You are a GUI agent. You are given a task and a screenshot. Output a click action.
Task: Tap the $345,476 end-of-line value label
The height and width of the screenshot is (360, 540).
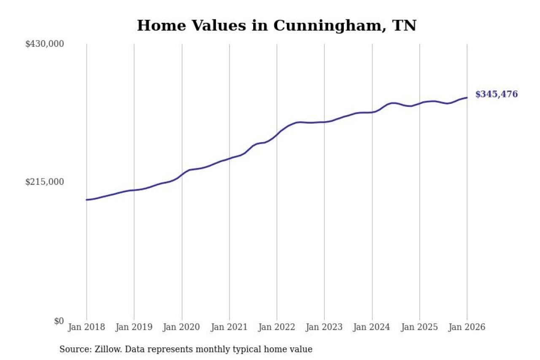point(496,95)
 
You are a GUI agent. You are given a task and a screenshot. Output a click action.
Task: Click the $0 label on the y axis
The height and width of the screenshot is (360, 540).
point(59,321)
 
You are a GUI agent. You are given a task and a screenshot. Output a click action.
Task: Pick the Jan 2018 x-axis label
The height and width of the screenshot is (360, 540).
point(86,328)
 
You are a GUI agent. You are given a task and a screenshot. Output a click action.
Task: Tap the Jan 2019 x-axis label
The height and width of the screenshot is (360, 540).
point(134,328)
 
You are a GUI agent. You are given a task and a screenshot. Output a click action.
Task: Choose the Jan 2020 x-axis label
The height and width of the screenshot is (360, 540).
point(182,328)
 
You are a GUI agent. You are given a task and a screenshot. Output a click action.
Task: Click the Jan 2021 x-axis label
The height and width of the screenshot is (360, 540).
point(229,328)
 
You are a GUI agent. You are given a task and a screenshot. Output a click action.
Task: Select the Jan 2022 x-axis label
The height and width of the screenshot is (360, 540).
point(277,328)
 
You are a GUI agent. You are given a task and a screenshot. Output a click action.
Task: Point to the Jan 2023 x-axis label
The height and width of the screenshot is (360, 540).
point(324,328)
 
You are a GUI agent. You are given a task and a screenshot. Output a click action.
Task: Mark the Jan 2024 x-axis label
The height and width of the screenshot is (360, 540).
point(372,328)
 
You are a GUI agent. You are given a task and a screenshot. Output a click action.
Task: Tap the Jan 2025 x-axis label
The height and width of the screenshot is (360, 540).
point(420,328)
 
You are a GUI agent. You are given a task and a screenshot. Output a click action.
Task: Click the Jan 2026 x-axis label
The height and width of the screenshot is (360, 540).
point(467,328)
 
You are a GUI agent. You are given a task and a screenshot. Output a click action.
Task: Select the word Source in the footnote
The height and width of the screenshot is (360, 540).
point(72,349)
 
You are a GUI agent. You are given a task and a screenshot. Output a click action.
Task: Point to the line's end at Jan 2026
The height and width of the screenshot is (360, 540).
point(467,97)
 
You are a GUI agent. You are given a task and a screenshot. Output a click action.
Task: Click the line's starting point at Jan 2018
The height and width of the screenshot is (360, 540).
point(86,200)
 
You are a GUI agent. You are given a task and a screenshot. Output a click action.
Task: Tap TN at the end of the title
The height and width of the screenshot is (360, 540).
point(404,26)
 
